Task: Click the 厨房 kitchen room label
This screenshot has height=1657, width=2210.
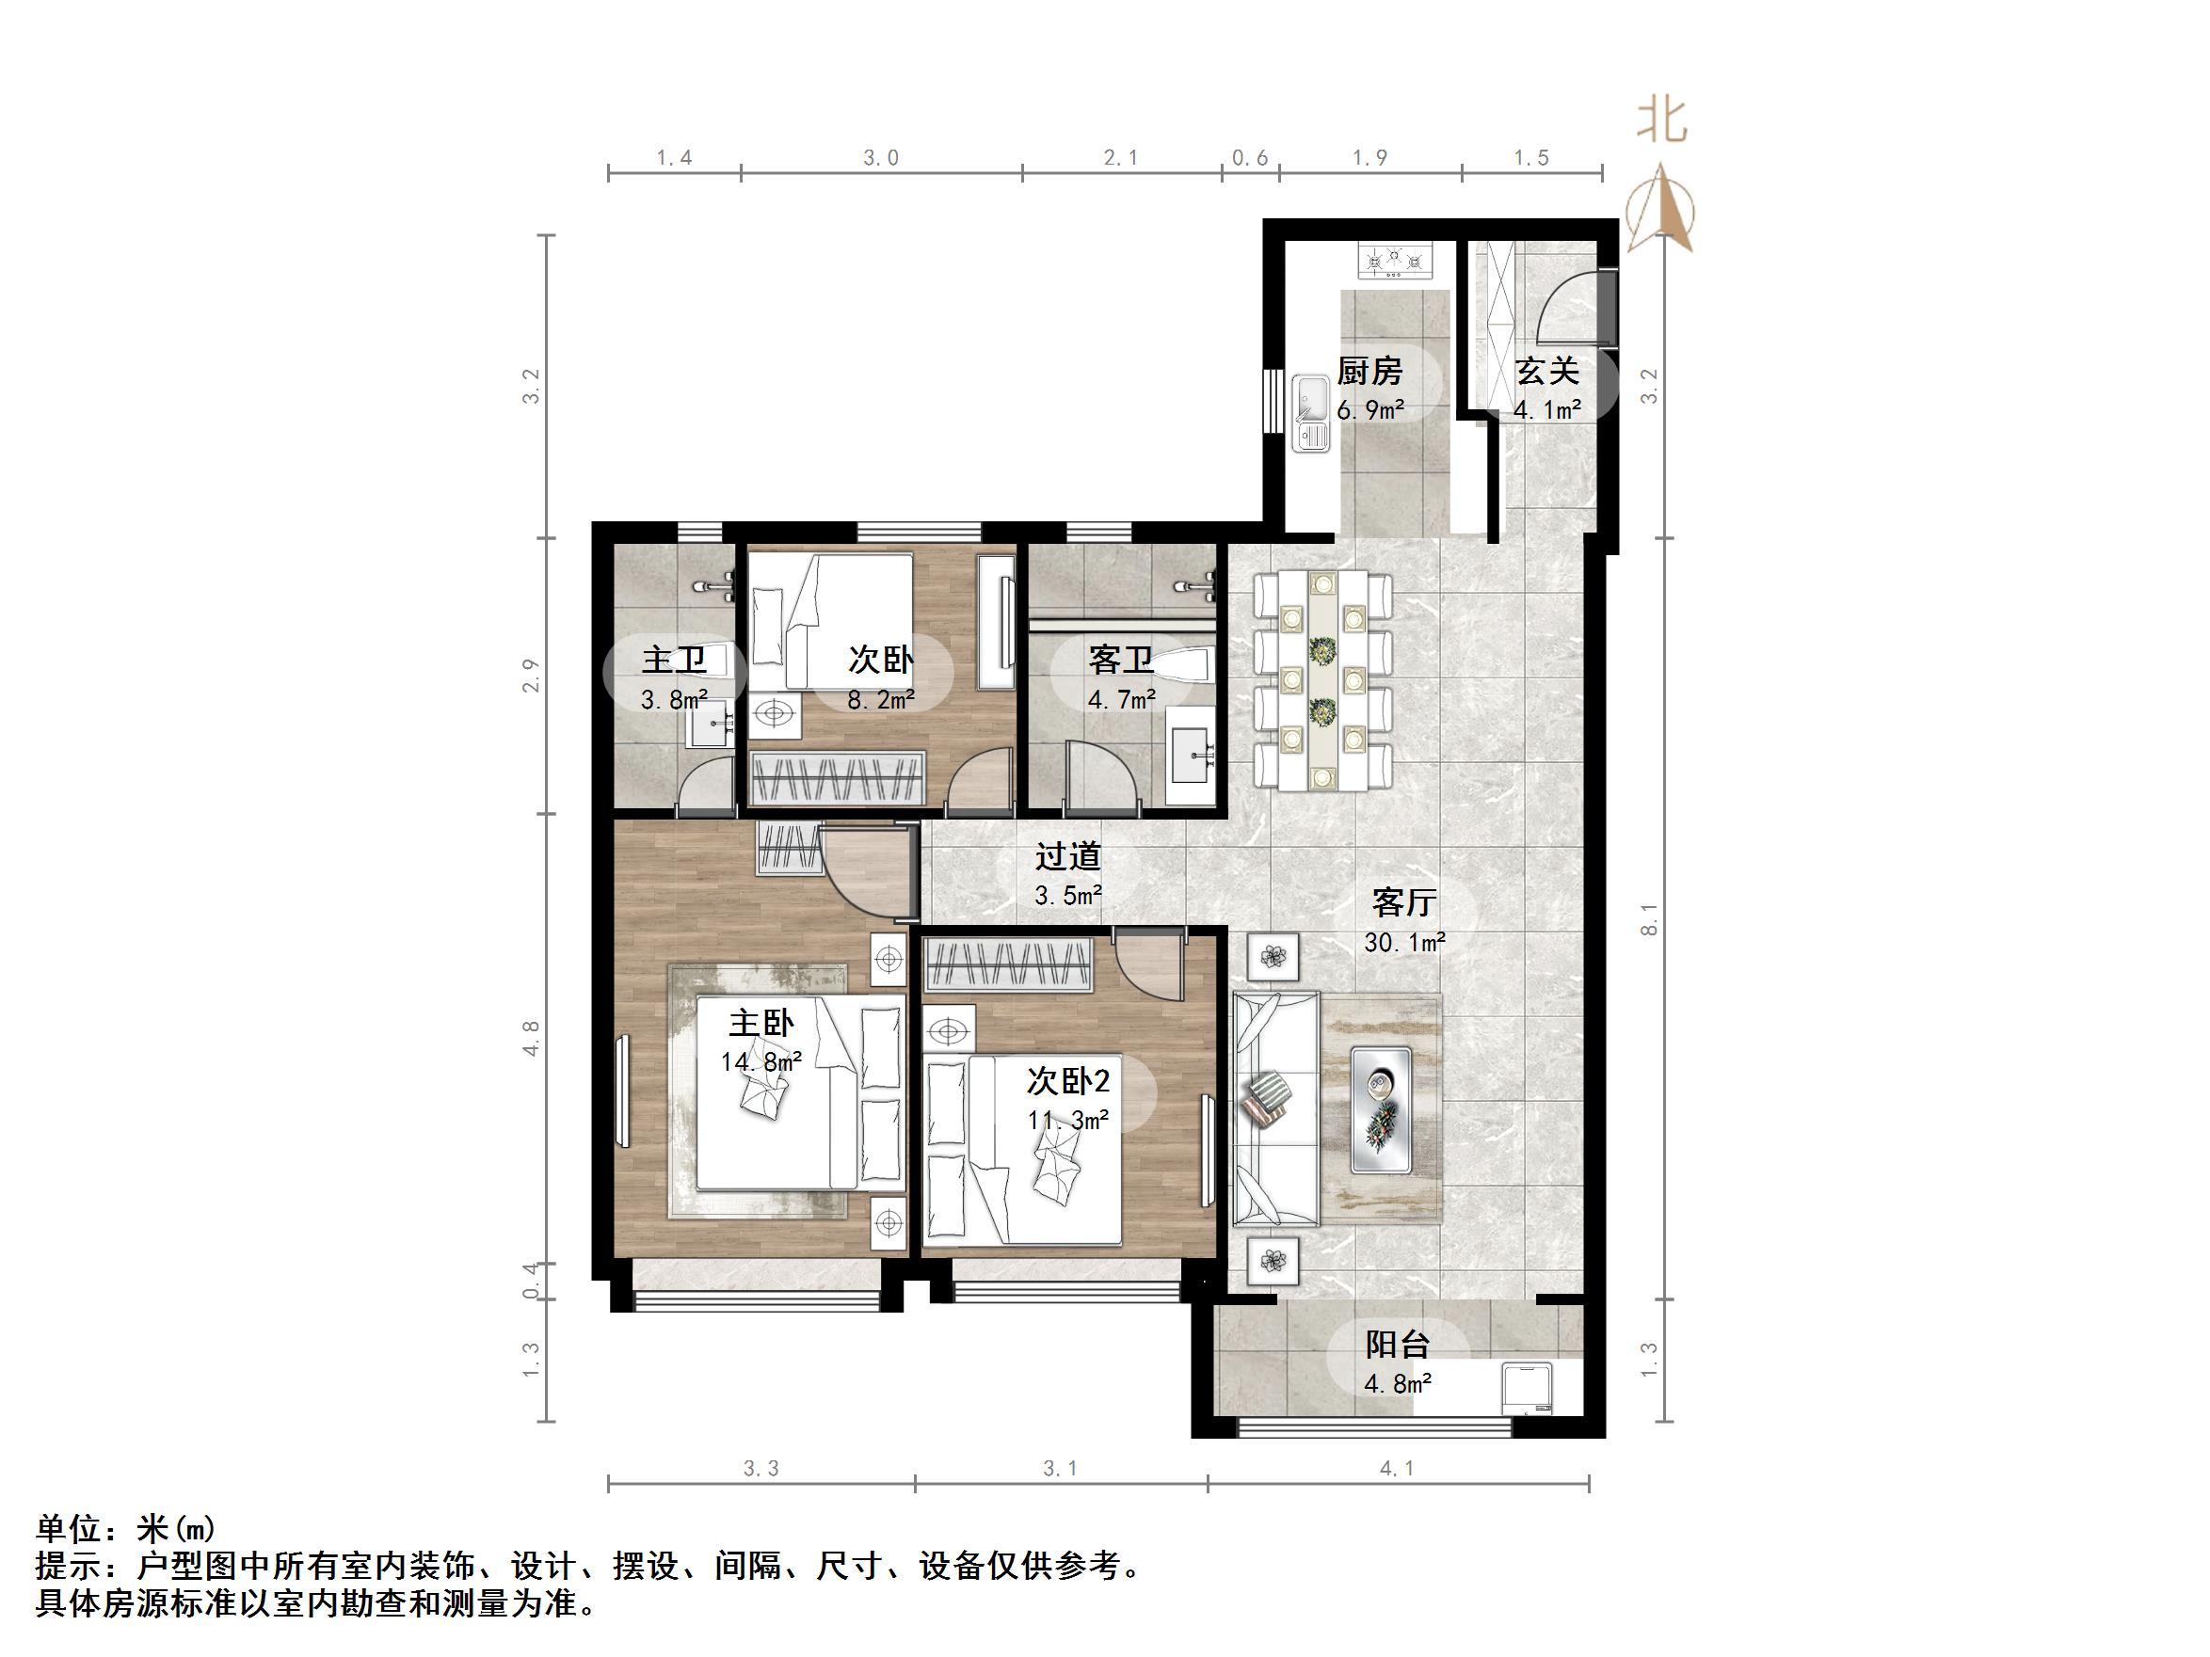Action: pyautogui.click(x=1369, y=372)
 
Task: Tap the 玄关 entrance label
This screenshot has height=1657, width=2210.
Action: pyautogui.click(x=1546, y=372)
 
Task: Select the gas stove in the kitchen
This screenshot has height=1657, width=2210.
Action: pyautogui.click(x=1394, y=263)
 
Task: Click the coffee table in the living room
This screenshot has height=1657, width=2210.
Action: pyautogui.click(x=1381, y=1108)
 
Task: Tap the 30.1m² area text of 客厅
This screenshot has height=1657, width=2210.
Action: pyautogui.click(x=1404, y=942)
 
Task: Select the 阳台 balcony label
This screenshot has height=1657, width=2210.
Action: pyautogui.click(x=1398, y=1345)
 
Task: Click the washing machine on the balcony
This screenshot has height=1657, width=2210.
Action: pyautogui.click(x=1529, y=1391)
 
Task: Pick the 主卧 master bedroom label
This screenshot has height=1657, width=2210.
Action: pyautogui.click(x=761, y=1023)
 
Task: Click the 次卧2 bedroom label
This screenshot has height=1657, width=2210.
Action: pyautogui.click(x=1068, y=1081)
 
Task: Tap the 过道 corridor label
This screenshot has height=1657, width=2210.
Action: pyautogui.click(x=1068, y=856)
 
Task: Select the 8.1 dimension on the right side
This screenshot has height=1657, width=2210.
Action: pyautogui.click(x=1650, y=919)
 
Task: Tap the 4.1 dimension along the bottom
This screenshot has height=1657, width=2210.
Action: pyautogui.click(x=1397, y=1468)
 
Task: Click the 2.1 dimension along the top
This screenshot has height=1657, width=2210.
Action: pyautogui.click(x=1121, y=158)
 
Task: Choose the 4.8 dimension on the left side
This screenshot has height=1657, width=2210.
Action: pyautogui.click(x=531, y=1038)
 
